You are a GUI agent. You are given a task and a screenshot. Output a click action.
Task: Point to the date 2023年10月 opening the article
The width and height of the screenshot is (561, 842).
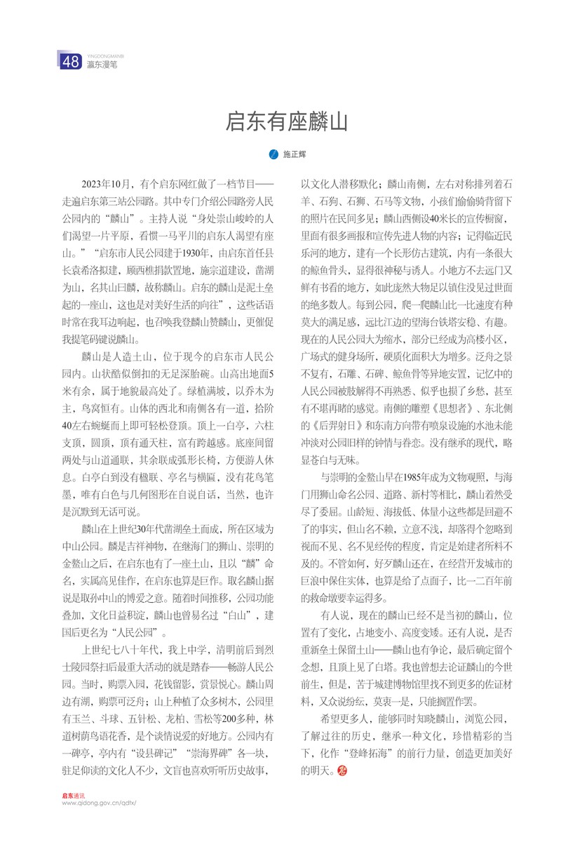(107, 185)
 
